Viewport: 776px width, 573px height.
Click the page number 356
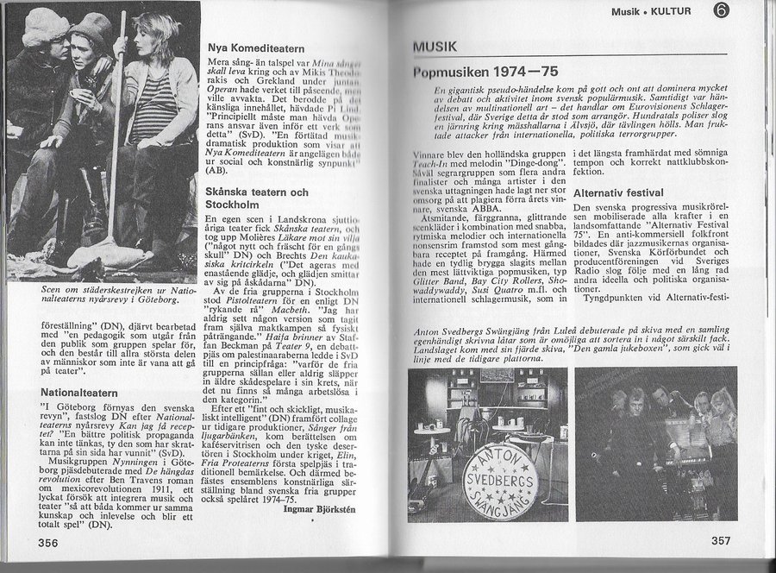pos(25,541)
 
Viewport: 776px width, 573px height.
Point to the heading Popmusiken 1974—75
pos(489,72)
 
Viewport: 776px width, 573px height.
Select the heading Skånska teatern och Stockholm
pos(258,199)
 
